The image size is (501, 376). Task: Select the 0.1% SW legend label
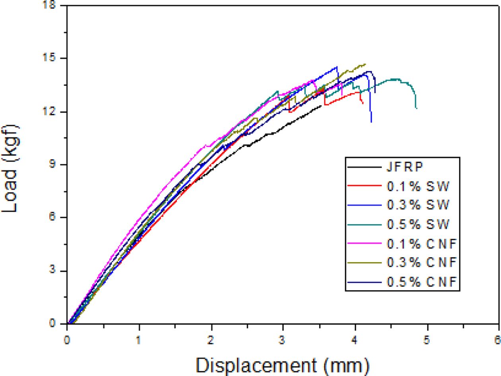(418, 186)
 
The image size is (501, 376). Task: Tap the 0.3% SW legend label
(418, 205)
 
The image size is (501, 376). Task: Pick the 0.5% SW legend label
(418, 224)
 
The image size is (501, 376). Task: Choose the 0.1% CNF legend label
(421, 244)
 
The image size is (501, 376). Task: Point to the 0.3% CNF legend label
(421, 263)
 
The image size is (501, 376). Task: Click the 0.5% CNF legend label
(421, 282)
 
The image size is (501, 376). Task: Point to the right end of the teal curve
(416, 108)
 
